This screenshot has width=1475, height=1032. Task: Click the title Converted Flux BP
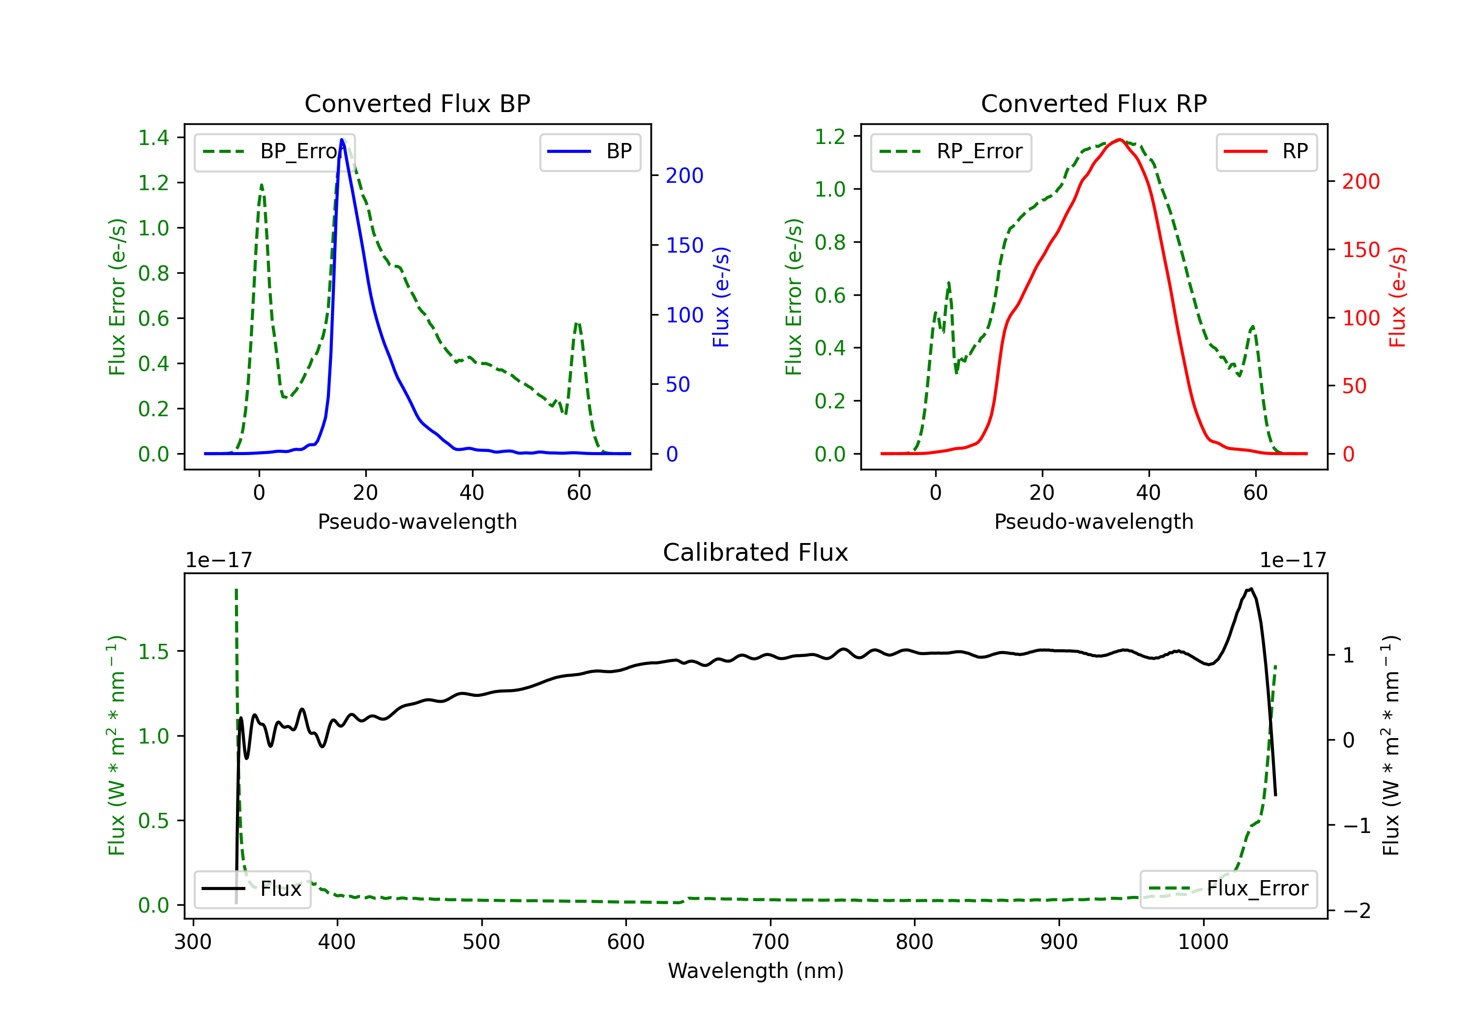tap(417, 103)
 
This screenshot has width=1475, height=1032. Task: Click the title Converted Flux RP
tap(1093, 103)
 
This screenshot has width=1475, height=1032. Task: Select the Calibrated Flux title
tap(756, 552)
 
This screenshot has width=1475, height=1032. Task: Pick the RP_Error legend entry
tap(951, 151)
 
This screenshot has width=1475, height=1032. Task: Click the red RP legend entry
tap(1266, 151)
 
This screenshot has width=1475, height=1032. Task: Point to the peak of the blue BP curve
tap(342, 140)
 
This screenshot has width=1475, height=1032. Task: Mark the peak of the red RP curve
tap(1120, 140)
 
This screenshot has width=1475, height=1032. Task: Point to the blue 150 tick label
tap(684, 245)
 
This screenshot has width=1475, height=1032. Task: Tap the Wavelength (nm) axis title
tap(756, 971)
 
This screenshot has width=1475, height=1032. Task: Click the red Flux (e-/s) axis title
tap(1397, 297)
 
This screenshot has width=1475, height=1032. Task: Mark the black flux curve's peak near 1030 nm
tap(1251, 589)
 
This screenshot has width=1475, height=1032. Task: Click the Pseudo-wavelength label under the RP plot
tap(1093, 521)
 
